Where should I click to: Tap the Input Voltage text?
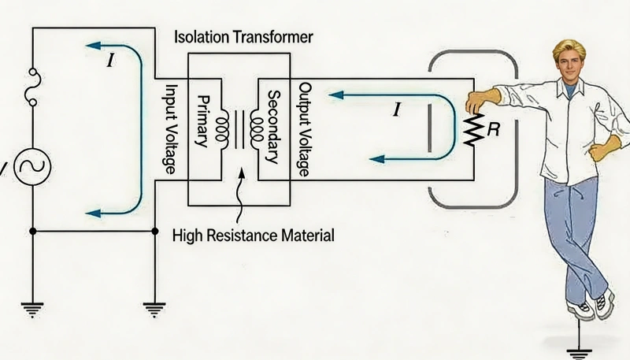(168, 124)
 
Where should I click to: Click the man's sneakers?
(592, 306)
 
